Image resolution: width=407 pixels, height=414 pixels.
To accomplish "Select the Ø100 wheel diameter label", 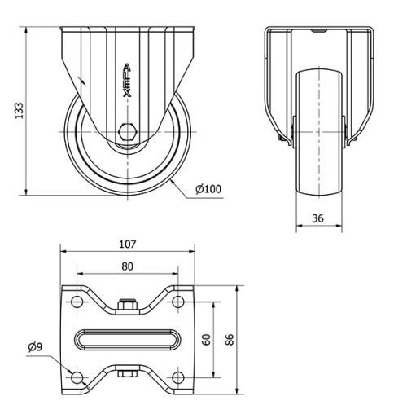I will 208,190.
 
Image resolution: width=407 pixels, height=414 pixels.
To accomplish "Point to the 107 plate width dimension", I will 127,244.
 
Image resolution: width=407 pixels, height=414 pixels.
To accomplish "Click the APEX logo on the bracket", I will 126,81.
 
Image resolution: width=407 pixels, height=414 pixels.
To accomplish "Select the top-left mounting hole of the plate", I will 77,302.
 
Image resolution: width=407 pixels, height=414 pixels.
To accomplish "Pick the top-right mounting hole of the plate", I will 177,302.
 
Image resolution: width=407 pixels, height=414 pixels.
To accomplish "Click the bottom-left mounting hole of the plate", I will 77,378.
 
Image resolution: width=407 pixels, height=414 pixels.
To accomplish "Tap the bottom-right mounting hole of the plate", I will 177,378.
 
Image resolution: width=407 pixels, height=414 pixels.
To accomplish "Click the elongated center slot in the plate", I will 127,340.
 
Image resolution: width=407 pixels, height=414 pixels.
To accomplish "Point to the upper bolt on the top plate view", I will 126,306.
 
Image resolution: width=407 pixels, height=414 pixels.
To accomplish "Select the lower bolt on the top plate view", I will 126,375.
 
